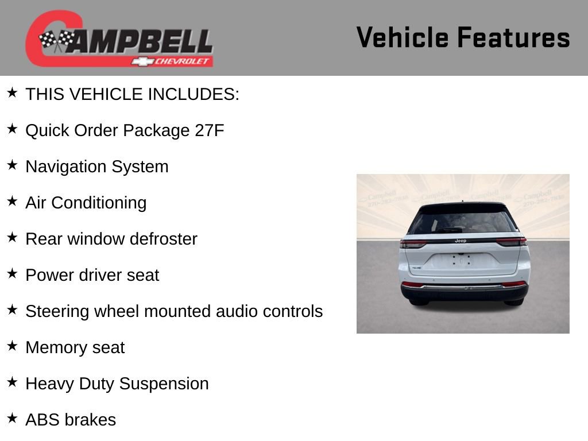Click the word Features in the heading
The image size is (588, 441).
pos(513,38)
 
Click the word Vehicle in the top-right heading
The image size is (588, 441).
pos(403,38)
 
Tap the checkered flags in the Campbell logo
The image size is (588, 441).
pos(57,41)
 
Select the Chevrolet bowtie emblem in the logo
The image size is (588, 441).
pos(141,61)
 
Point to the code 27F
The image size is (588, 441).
pos(210,130)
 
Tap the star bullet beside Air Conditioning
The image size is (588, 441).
pos(12,201)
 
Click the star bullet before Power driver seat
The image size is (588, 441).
pos(12,273)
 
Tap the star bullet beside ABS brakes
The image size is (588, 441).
pos(12,418)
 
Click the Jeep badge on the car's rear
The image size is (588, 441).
pos(461,241)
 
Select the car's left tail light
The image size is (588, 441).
pos(413,243)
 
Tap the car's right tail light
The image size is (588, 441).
pos(510,242)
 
